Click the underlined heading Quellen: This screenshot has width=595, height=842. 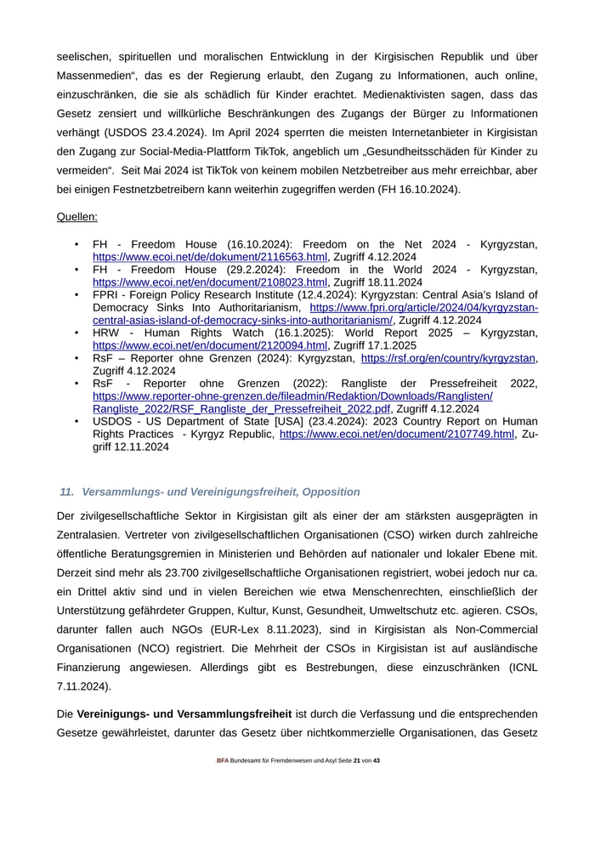[76, 217]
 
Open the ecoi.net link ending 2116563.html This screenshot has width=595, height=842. [210, 257]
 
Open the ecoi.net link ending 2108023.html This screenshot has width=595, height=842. [210, 282]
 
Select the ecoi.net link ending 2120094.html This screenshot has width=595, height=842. [210, 346]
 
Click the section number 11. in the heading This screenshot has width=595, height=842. [67, 492]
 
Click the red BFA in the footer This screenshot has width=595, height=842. [223, 760]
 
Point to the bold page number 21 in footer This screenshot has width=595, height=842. [357, 760]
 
